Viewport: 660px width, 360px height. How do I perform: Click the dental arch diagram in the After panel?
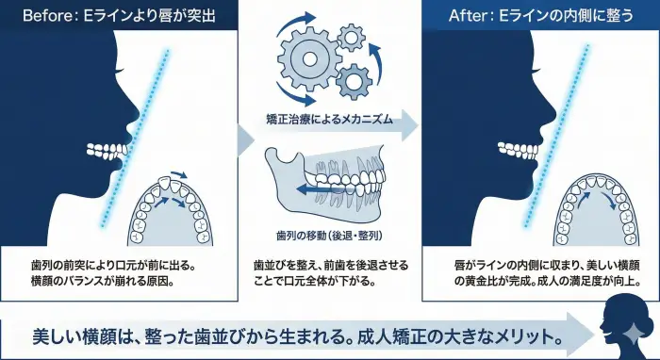[592, 209]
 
